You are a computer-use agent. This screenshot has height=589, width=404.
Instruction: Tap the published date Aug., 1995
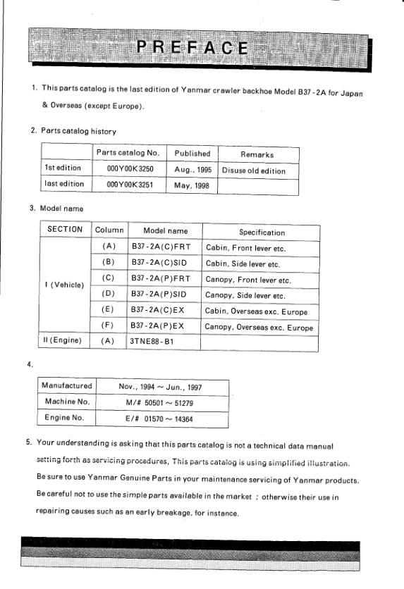192,170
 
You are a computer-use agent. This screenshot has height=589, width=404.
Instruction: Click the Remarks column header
258,154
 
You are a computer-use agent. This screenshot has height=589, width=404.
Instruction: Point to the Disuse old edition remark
258,170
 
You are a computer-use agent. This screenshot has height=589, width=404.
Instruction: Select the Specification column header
262,232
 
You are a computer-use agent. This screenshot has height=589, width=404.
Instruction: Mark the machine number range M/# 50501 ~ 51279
165,402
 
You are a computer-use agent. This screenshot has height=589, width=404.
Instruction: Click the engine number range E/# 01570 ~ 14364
165,418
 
